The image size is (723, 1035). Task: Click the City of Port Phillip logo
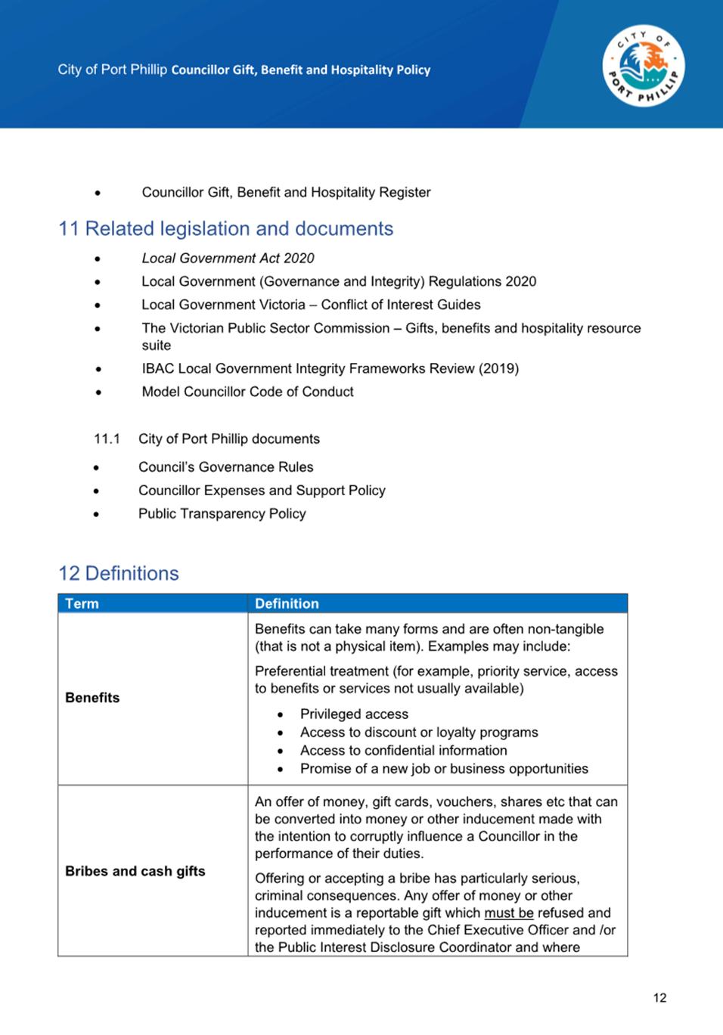644,67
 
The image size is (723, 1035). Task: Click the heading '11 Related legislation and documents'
225,228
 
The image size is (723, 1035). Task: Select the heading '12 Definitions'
119,573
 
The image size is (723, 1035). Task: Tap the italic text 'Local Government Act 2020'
228,258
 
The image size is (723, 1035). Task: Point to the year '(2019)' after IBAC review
498,368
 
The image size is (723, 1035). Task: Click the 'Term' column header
82,603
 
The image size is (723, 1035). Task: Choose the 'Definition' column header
287,603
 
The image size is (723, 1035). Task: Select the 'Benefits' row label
92,698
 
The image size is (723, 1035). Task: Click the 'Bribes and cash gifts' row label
135,871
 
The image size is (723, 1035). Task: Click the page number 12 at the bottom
659,998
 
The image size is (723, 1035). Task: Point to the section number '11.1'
107,438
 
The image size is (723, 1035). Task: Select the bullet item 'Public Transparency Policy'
222,513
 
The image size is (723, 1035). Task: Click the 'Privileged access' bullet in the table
354,714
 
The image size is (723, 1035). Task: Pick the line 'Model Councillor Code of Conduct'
247,392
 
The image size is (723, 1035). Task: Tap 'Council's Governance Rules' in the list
225,467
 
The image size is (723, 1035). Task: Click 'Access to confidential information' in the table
403,750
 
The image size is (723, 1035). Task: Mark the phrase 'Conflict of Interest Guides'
401,305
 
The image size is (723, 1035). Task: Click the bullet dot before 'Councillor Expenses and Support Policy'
97,491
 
